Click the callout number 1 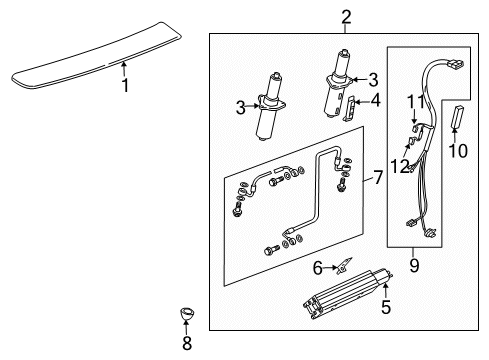click(125, 86)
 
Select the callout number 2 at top click(345, 16)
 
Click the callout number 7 click(377, 178)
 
